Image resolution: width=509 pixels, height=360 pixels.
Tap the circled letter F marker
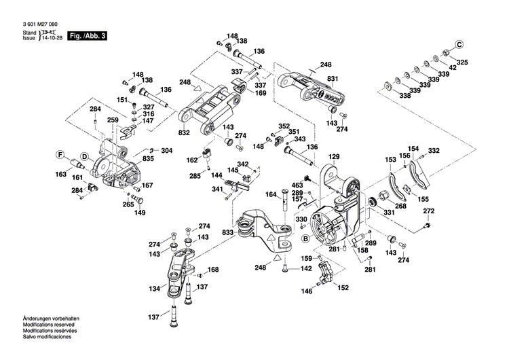(x=60, y=154)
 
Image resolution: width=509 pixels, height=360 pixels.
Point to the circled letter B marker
(x=305, y=238)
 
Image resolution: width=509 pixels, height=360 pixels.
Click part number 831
(x=333, y=79)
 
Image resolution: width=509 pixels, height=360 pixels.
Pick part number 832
(x=185, y=132)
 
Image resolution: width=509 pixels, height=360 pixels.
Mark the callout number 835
(x=148, y=159)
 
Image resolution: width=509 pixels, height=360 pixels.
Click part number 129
(x=333, y=157)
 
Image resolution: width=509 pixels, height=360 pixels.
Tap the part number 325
(x=463, y=62)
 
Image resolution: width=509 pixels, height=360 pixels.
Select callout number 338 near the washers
(x=405, y=96)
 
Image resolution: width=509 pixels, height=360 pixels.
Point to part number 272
(x=428, y=212)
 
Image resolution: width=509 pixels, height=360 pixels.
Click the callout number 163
(x=61, y=175)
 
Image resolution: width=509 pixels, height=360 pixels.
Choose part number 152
(x=343, y=287)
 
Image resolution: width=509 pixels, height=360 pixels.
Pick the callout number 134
(x=155, y=289)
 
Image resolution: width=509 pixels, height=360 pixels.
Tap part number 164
(x=271, y=194)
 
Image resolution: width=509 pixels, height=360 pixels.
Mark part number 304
(x=167, y=150)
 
